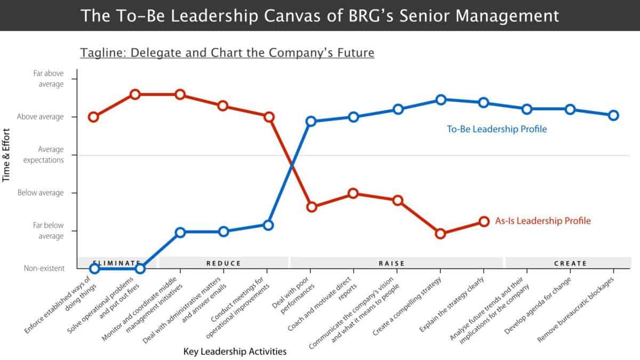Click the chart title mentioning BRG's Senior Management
pyautogui.click(x=320, y=15)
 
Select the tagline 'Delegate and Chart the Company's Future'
pyautogui.click(x=227, y=53)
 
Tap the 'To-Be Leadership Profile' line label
pyautogui.click(x=497, y=129)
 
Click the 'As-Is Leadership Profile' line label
pyautogui.click(x=543, y=221)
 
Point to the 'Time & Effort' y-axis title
pyautogui.click(x=7, y=155)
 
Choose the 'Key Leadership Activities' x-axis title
pyautogui.click(x=235, y=351)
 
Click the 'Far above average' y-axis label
pyautogui.click(x=48, y=78)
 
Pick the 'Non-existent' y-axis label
pyautogui.click(x=44, y=269)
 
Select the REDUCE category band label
pyautogui.click(x=223, y=263)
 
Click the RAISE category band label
pyautogui.click(x=391, y=263)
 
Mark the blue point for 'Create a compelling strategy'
pyautogui.click(x=441, y=100)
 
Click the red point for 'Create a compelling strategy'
pyautogui.click(x=441, y=234)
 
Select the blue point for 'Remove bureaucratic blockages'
pyautogui.click(x=614, y=115)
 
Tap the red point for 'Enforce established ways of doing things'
pyautogui.click(x=93, y=117)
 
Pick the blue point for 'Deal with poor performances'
pyautogui.click(x=312, y=121)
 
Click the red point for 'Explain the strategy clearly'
pyautogui.click(x=483, y=221)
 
